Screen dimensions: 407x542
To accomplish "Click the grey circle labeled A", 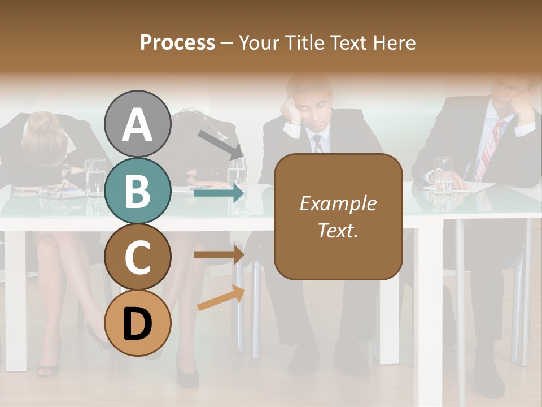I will pyautogui.click(x=137, y=124).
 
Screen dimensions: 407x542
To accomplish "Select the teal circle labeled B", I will pyautogui.click(x=137, y=191).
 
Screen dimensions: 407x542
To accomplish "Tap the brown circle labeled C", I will pyautogui.click(x=137, y=257).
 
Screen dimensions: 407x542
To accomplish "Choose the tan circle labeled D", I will pyautogui.click(x=137, y=323).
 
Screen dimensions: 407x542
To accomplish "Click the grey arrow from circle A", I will pyautogui.click(x=220, y=145).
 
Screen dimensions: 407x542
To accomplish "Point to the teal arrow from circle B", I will pyautogui.click(x=218, y=193).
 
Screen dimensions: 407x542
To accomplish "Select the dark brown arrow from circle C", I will pyautogui.click(x=218, y=255).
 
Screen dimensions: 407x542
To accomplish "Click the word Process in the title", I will pyautogui.click(x=177, y=42).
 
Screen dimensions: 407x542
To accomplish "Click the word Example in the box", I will pyautogui.click(x=338, y=203).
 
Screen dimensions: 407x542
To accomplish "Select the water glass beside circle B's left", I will pyautogui.click(x=94, y=176).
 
